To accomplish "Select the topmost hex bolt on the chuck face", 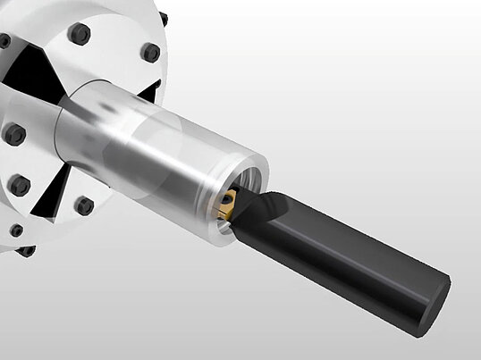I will (x=79, y=34).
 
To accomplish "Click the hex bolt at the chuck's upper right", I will (x=150, y=53).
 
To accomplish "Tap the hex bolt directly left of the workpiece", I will (x=15, y=135).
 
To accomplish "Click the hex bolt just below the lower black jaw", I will (x=84, y=205).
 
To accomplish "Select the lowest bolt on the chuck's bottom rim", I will (x=26, y=250).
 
